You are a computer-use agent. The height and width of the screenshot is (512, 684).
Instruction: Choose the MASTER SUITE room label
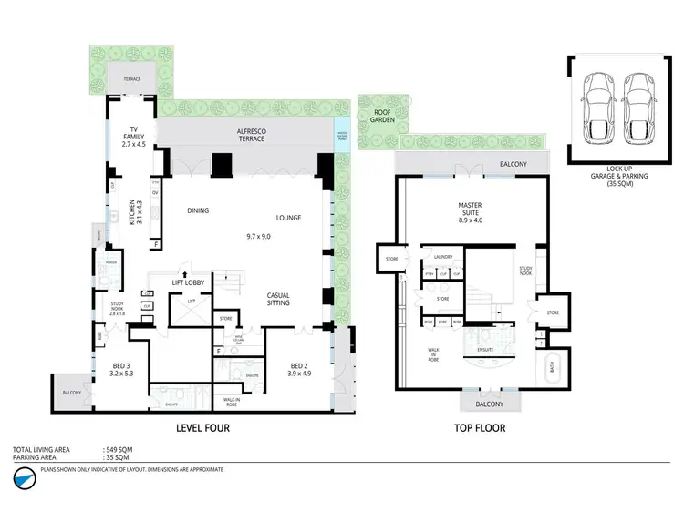click(x=470, y=212)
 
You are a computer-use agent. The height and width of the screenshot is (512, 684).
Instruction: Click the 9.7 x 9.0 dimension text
click(x=259, y=236)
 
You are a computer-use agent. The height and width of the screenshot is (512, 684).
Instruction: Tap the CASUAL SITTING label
click(x=279, y=299)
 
